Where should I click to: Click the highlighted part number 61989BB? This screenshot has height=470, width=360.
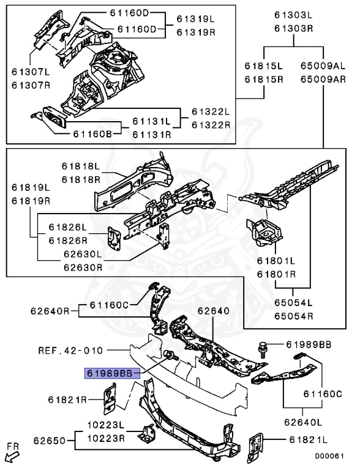[110, 373]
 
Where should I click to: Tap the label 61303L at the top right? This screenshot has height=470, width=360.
[294, 15]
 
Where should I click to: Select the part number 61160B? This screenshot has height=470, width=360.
[92, 133]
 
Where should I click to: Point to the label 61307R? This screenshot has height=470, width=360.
[31, 86]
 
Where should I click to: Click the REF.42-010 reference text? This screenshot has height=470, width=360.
[70, 351]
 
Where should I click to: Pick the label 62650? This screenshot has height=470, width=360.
[50, 441]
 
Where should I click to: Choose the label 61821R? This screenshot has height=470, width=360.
[67, 400]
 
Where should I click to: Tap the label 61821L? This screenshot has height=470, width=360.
[309, 440]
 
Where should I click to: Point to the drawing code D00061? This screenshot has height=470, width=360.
[329, 456]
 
